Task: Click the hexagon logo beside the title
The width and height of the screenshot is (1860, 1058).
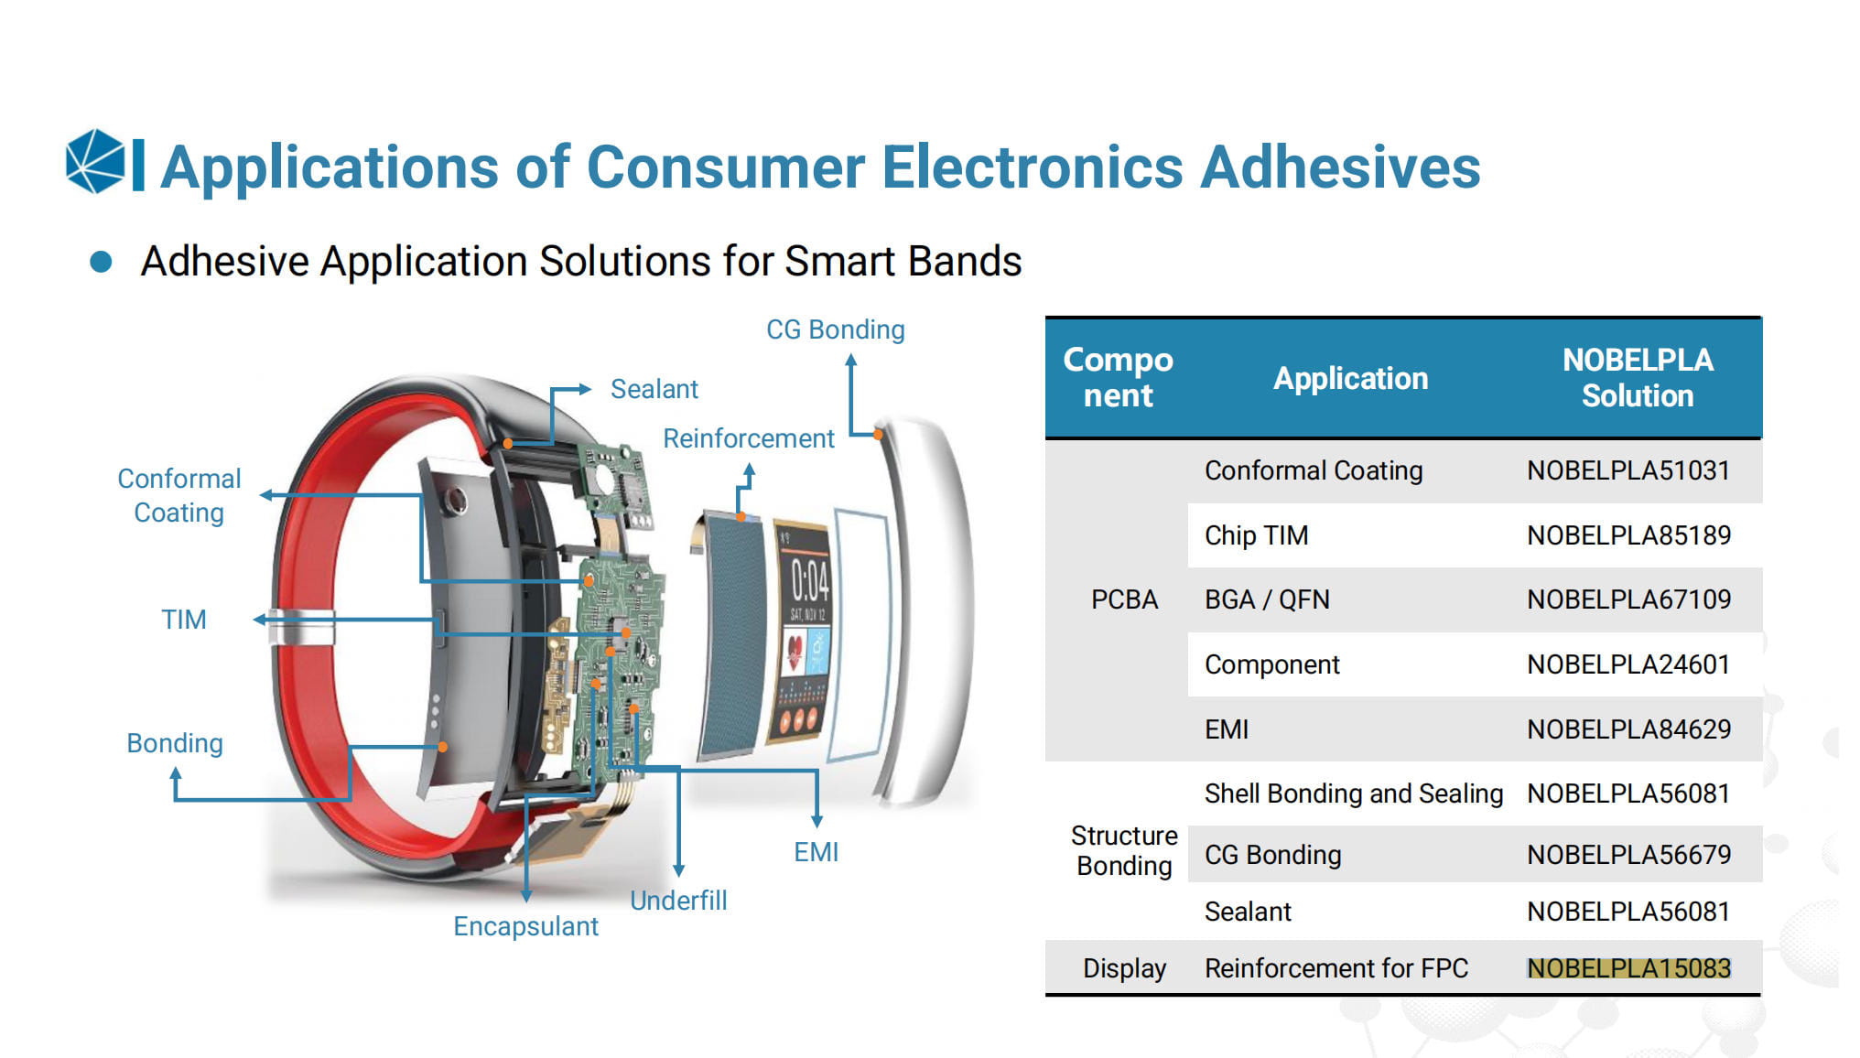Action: click(x=95, y=162)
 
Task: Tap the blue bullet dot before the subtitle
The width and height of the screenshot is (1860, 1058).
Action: click(x=101, y=263)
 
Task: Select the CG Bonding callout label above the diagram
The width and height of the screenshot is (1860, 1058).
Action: click(x=835, y=329)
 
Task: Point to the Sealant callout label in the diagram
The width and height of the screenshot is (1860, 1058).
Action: click(x=654, y=389)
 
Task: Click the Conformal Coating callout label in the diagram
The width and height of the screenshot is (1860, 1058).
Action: click(x=179, y=495)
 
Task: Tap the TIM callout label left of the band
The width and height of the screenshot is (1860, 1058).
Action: click(x=183, y=620)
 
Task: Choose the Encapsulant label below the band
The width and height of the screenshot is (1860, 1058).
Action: click(x=525, y=926)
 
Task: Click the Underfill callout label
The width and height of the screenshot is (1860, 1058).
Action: click(x=678, y=901)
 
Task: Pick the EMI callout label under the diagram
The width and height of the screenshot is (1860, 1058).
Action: click(x=816, y=852)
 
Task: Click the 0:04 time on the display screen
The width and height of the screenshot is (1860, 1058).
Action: click(x=810, y=581)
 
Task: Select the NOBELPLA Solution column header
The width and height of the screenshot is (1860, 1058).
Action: click(x=1637, y=378)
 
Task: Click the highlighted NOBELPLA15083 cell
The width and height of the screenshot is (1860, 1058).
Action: click(x=1628, y=968)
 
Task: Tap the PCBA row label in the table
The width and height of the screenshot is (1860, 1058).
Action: click(x=1124, y=599)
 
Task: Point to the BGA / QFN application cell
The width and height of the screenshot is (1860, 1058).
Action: click(x=1267, y=599)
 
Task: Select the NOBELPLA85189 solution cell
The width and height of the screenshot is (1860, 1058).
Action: click(x=1628, y=535)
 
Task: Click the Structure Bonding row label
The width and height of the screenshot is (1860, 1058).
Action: click(x=1124, y=851)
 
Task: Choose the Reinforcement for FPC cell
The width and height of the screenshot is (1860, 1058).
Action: click(x=1336, y=968)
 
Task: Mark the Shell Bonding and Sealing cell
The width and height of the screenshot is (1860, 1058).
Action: click(x=1353, y=793)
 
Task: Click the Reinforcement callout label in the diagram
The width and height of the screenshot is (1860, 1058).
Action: click(x=748, y=438)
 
